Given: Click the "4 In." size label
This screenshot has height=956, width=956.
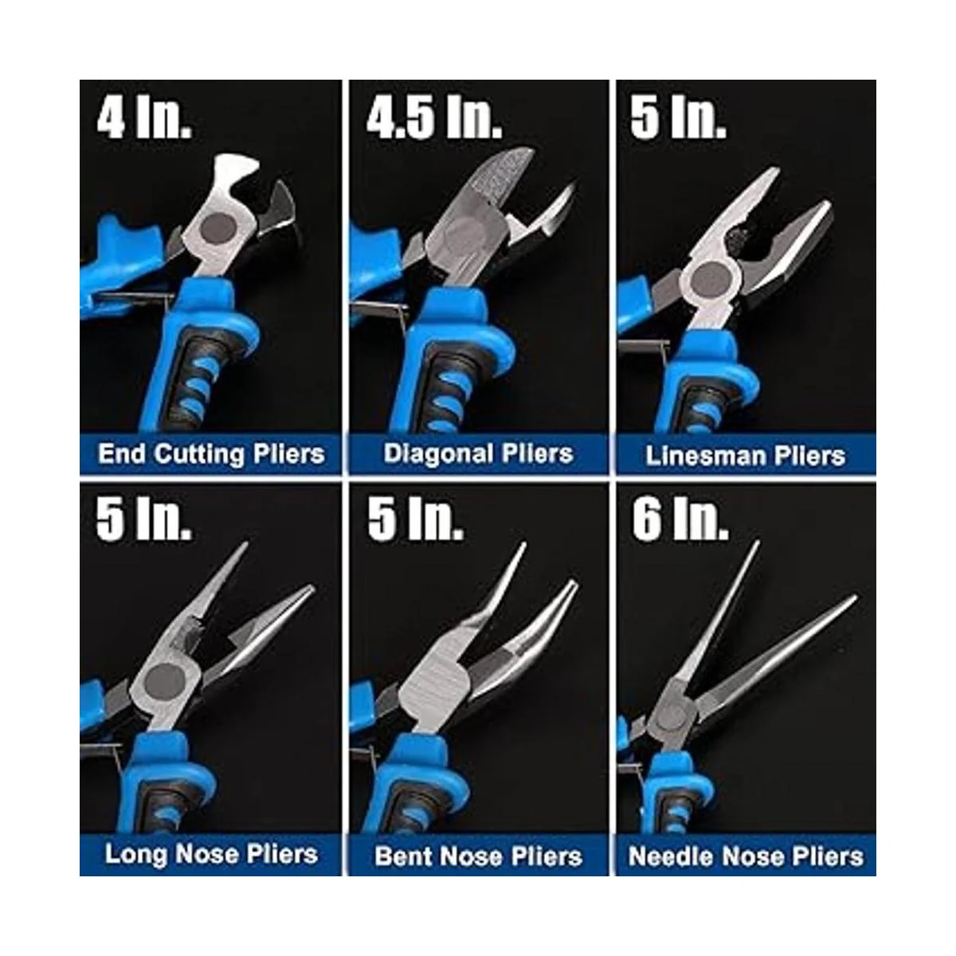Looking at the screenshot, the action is pyautogui.click(x=144, y=119).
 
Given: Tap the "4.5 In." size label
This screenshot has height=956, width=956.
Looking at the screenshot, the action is pyautogui.click(x=434, y=119).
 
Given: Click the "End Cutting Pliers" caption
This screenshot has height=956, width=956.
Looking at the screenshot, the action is pyautogui.click(x=211, y=454).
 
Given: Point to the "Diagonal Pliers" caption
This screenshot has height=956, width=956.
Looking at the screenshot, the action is pyautogui.click(x=478, y=453).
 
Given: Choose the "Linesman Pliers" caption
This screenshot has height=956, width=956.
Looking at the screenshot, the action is pyautogui.click(x=745, y=456).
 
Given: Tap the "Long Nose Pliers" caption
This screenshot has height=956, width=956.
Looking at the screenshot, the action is pyautogui.click(x=211, y=854).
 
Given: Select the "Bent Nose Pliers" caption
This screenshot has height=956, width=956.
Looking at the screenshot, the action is pyautogui.click(x=478, y=856).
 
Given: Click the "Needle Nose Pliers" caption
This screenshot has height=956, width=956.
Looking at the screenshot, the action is pyautogui.click(x=746, y=856).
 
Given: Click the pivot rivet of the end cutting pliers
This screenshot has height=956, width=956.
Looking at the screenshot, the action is pyautogui.click(x=217, y=229).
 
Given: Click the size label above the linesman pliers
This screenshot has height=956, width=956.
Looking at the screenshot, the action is pyautogui.click(x=678, y=119).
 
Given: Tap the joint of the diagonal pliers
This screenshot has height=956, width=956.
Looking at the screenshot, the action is pyautogui.click(x=466, y=234).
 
